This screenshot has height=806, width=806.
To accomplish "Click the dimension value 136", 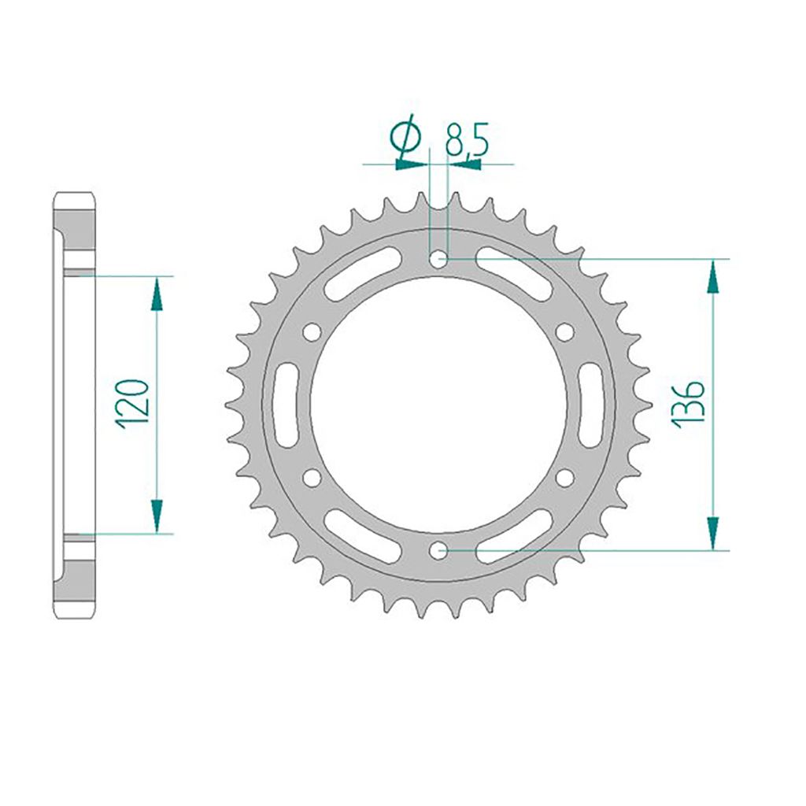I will [x=687, y=403].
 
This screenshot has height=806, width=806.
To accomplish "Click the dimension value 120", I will [x=133, y=403].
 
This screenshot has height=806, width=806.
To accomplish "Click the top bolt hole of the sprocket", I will [x=439, y=258].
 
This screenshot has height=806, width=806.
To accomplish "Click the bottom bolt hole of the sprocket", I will [x=439, y=550].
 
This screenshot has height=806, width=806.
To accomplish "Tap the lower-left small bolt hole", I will [x=312, y=477].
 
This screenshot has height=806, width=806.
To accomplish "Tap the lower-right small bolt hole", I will [x=564, y=477].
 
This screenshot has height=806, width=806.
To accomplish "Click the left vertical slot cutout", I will [x=285, y=404].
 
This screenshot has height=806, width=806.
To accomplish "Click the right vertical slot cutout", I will [x=592, y=404].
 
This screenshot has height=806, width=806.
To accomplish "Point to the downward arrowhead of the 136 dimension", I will [x=713, y=532].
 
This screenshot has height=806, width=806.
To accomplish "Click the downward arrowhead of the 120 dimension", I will [x=157, y=516].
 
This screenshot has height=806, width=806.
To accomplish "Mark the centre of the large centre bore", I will [x=438, y=405].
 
